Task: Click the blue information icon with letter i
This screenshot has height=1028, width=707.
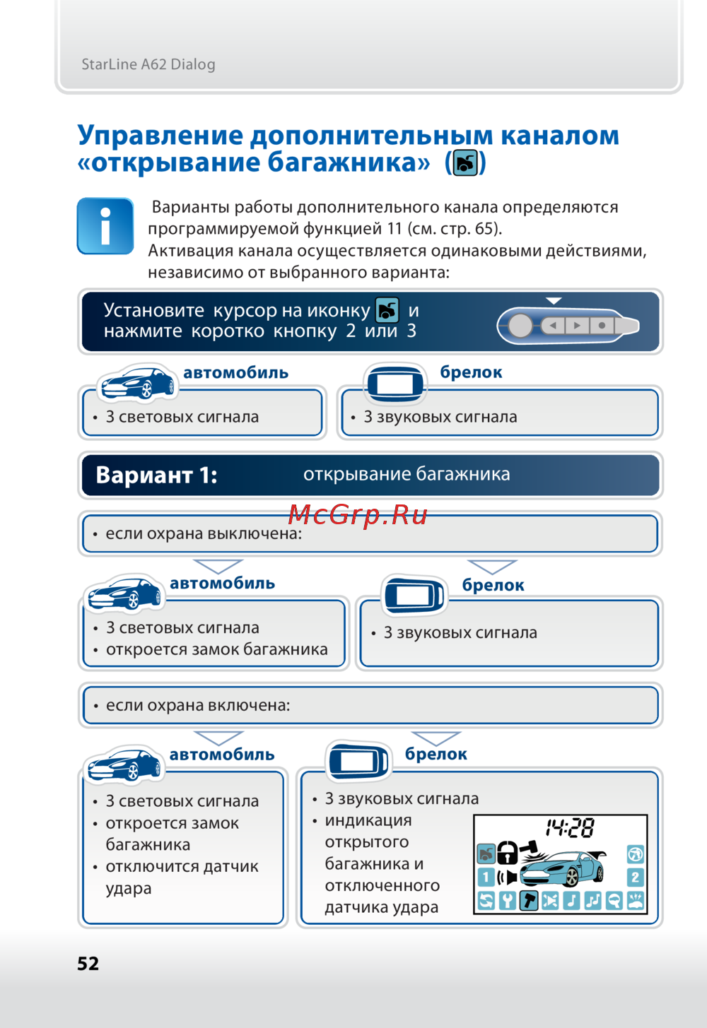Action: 105,226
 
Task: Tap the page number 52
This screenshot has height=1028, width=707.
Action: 88,964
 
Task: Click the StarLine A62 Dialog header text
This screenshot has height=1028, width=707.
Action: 148,64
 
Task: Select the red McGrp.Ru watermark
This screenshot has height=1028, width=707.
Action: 358,514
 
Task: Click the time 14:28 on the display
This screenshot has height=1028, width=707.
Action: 570,828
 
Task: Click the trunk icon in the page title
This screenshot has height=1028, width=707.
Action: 465,163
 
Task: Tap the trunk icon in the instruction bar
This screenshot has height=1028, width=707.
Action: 387,310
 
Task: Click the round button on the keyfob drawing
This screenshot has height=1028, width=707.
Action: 520,326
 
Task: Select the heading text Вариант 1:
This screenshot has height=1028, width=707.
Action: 156,475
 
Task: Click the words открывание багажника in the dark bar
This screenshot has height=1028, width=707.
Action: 407,474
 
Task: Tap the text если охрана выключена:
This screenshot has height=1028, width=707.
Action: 204,534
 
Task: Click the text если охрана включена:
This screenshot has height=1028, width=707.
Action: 198,705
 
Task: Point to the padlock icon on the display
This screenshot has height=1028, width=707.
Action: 507,853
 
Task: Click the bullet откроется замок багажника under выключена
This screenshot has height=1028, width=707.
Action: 216,649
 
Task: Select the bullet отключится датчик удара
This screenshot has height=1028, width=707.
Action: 182,877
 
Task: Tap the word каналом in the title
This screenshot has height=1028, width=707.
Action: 560,135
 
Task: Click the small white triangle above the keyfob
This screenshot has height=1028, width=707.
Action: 554,301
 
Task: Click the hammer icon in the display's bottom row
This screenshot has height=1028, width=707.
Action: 529,900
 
